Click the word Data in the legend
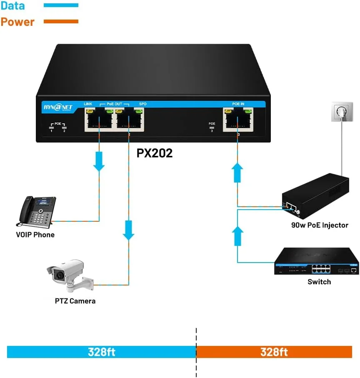[12, 6]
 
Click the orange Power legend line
[61, 21]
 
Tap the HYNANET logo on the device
[58, 108]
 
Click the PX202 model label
[155, 153]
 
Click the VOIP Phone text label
[35, 235]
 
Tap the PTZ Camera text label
[75, 300]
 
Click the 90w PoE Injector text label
[320, 225]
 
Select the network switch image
[316, 261]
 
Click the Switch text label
[319, 282]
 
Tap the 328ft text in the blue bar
[101, 352]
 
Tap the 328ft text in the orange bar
[274, 352]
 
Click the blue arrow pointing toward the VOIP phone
[99, 162]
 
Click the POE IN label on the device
[238, 103]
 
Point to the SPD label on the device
[142, 103]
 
